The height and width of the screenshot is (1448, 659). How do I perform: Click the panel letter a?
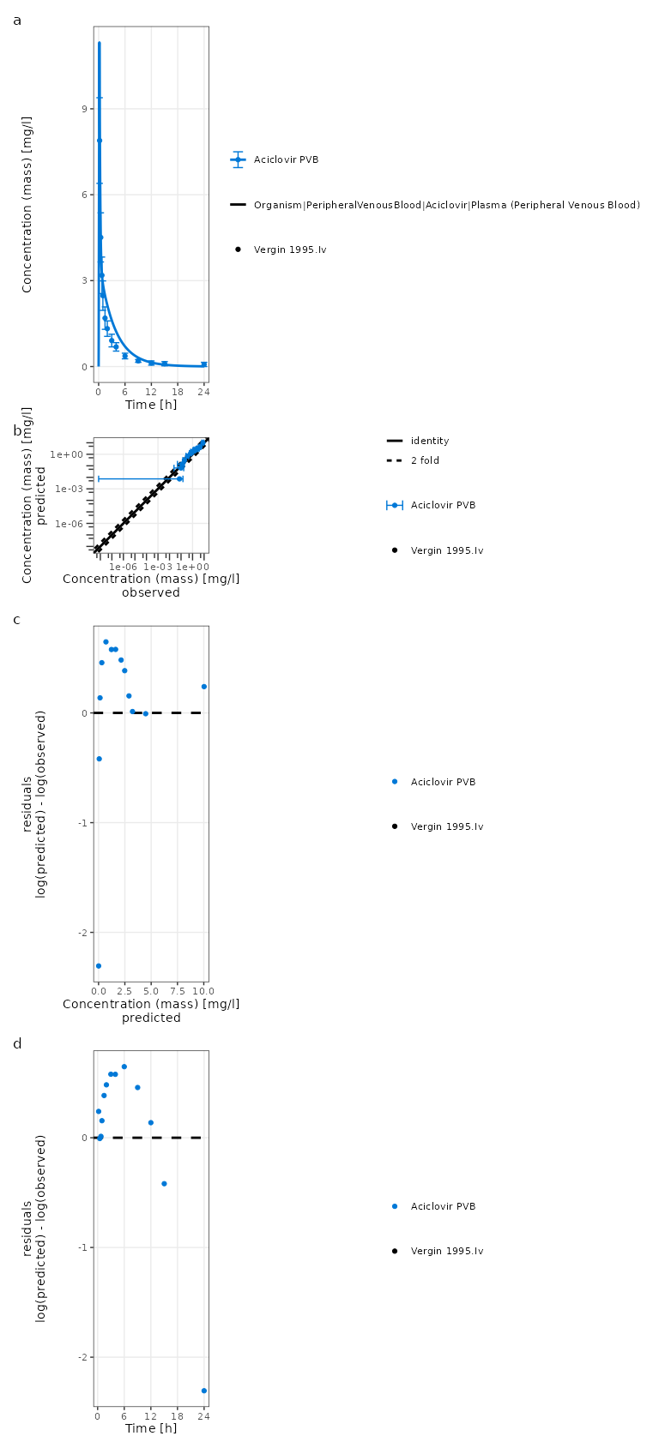pos(17,21)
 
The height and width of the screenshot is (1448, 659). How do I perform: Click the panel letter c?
pos(17,620)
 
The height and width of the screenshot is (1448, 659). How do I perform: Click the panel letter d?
pos(17,1043)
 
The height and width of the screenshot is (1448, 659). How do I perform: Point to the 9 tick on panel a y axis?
pos(84,109)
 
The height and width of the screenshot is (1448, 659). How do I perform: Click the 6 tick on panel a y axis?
pos(84,195)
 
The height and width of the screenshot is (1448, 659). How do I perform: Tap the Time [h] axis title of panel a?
pos(151,405)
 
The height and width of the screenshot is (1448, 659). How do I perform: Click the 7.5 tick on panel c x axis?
pos(178,991)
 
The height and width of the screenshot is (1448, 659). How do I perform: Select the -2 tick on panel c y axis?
pos(82,932)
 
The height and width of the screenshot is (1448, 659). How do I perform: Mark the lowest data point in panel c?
pos(99,966)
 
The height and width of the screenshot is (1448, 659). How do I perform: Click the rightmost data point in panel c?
pos(203,687)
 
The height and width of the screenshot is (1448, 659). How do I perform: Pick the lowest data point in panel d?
pos(203,1391)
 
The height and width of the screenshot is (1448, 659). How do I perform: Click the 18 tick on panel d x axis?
pos(178,1416)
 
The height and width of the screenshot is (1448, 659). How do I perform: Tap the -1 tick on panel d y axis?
pos(82,1247)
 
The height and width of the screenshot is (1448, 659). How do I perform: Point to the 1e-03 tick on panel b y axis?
pos(70,489)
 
